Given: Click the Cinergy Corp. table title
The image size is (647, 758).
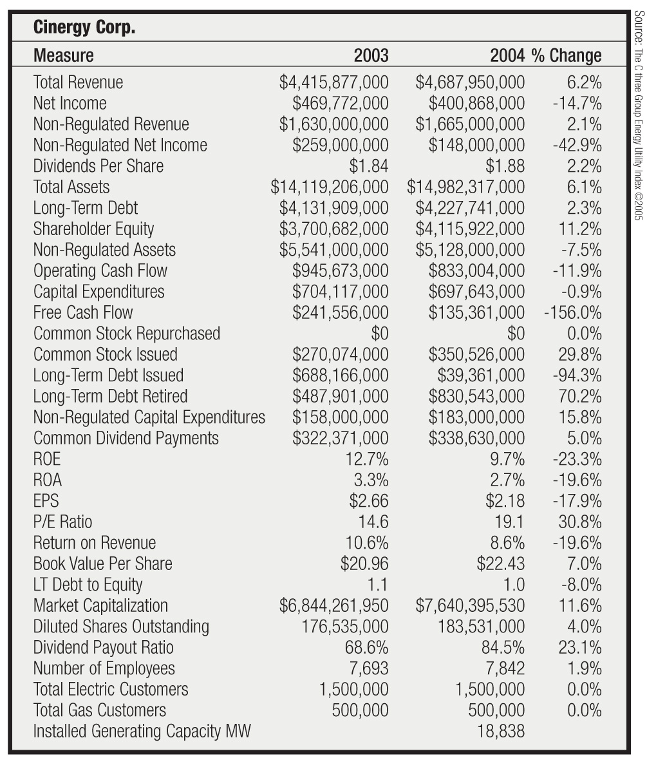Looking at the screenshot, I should point(84,28).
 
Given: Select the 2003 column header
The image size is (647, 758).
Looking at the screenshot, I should point(371,55).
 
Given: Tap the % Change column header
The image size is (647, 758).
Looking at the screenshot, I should point(567,55).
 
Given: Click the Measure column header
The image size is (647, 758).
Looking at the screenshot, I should point(63,55).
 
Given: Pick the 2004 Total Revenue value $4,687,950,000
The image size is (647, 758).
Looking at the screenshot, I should point(470,82).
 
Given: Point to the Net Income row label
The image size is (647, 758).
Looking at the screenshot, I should point(70,103).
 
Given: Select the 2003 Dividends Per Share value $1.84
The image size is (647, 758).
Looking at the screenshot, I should point(369,166).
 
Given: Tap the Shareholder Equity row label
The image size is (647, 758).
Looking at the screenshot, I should point(93,229).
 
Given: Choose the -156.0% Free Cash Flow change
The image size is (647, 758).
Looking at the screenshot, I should point(572,312).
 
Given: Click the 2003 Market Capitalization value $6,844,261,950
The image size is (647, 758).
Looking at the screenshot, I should point(333,605).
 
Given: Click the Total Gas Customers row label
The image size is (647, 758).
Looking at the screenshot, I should point(99,710).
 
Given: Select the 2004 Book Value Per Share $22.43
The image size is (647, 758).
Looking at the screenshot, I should point(500,564).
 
